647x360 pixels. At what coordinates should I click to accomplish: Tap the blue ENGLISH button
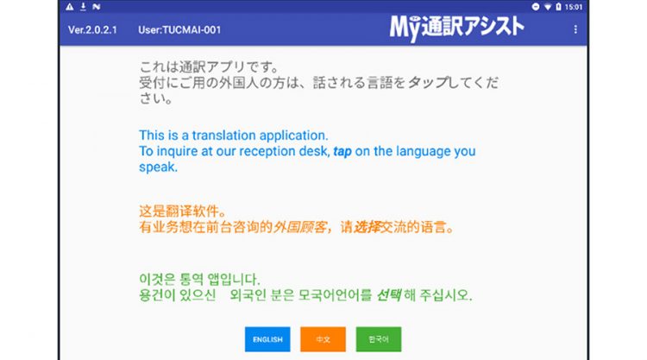[x=267, y=339]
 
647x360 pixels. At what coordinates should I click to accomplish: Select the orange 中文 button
[x=323, y=339]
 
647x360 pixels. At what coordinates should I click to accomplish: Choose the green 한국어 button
[x=379, y=339]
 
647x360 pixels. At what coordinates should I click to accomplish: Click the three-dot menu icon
[x=575, y=29]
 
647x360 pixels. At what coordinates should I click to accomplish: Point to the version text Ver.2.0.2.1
[x=92, y=29]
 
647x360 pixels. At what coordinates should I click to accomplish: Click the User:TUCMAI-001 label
[x=179, y=29]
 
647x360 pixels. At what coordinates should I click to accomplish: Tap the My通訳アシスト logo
[x=456, y=28]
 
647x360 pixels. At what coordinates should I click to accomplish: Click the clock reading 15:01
[x=574, y=7]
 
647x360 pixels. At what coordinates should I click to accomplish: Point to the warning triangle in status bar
[x=70, y=7]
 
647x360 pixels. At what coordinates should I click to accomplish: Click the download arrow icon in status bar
[x=83, y=7]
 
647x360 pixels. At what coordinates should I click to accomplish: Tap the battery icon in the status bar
[x=558, y=7]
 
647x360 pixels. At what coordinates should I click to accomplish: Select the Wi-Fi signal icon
[x=548, y=7]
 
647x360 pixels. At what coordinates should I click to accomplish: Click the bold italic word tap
[x=342, y=152]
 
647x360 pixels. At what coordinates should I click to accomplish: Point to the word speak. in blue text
[x=158, y=167]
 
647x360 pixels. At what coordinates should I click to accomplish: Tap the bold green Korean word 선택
[x=389, y=295]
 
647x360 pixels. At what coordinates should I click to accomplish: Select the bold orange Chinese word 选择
[x=367, y=227]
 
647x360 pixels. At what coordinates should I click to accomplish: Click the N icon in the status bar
[x=97, y=7]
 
